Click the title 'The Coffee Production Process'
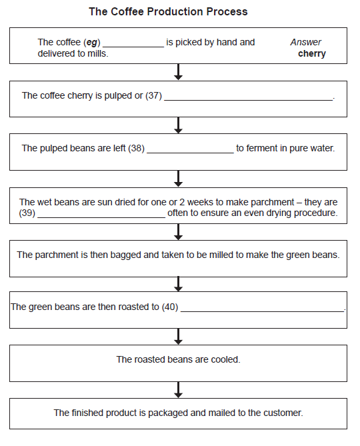click(168, 12)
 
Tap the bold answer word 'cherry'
click(312, 53)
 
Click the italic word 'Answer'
click(306, 42)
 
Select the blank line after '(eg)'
click(133, 46)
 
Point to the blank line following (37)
click(248, 99)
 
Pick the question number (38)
click(136, 148)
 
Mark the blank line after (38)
click(190, 151)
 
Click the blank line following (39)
click(101, 217)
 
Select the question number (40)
click(170, 307)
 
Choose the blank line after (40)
click(262, 311)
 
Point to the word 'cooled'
click(225, 359)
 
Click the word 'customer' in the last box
click(284, 413)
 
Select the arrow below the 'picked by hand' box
click(178, 71)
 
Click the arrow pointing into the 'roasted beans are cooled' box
click(178, 336)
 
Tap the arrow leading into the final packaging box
click(178, 389)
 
